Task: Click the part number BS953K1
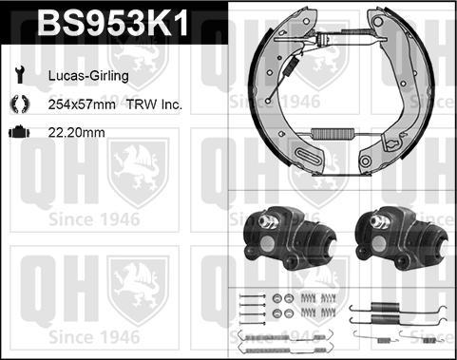coord(112,22)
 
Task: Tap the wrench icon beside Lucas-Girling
coord(20,75)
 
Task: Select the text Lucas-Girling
coord(88,76)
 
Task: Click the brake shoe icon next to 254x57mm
coord(19,104)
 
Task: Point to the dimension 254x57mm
coord(82,104)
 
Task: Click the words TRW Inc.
coord(154,104)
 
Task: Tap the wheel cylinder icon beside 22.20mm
coord(19,132)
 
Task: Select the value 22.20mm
coord(76,132)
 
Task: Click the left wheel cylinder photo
coord(290,237)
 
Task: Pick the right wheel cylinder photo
coord(402,237)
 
